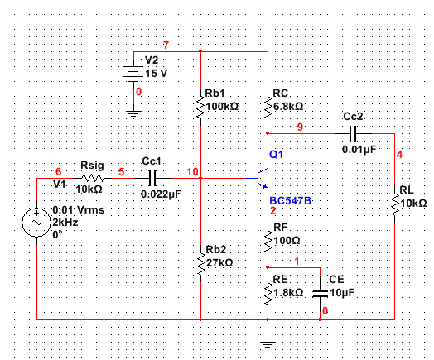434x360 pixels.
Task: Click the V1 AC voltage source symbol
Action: (36, 223)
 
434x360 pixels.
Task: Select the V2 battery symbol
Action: (133, 74)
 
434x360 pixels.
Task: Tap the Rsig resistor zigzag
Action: (93, 178)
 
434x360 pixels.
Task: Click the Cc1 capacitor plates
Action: (152, 178)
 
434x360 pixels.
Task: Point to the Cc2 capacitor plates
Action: (353, 133)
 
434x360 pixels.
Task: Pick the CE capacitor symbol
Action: (321, 294)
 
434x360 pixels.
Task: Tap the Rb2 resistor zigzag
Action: (200, 263)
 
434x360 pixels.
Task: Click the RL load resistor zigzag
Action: (394, 204)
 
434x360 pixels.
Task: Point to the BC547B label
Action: (291, 201)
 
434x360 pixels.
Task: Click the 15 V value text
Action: (157, 74)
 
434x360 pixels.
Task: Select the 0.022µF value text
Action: (161, 194)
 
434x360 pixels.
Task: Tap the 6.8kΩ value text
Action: (288, 107)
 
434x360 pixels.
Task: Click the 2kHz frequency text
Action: (65, 223)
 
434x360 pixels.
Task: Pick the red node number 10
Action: (192, 172)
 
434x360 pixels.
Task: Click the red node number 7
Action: (166, 45)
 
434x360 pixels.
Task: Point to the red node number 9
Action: (300, 127)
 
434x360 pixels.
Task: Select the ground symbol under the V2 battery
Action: (133, 114)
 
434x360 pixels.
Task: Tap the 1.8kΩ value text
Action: (288, 293)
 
